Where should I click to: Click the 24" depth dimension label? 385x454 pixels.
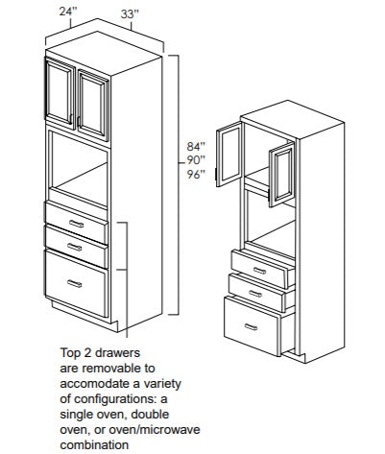(68, 12)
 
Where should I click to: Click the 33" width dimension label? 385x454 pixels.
(130, 14)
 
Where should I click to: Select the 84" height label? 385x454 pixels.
(196, 147)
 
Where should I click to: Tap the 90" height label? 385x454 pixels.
(196, 160)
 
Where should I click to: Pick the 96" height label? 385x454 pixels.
(196, 175)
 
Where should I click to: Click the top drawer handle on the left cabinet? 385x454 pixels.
(76, 224)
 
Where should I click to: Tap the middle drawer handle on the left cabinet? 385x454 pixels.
(75, 247)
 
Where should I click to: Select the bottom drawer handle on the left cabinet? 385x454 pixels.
(75, 283)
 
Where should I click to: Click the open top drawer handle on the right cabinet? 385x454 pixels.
(259, 271)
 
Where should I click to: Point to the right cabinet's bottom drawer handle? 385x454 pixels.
(251, 326)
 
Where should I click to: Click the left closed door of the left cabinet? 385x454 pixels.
(60, 92)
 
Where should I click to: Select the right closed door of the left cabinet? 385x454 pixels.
(93, 105)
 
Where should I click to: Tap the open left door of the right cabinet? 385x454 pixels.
(229, 155)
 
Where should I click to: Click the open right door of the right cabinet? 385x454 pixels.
(282, 175)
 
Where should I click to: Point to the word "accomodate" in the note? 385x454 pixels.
(95, 384)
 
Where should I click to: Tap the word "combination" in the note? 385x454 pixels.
(94, 444)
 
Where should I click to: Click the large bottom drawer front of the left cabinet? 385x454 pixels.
(76, 283)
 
